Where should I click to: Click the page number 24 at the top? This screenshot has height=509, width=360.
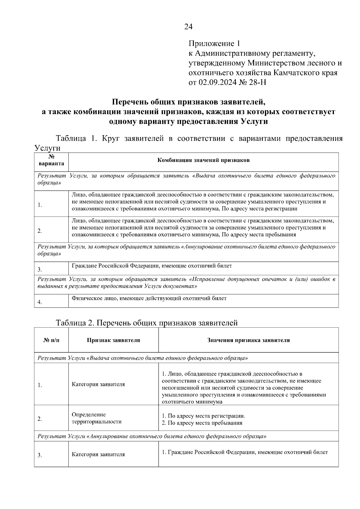click(188, 27)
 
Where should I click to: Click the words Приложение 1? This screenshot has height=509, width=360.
click(214, 44)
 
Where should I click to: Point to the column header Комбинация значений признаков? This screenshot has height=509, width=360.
click(203, 160)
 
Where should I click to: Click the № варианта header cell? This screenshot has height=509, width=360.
click(51, 160)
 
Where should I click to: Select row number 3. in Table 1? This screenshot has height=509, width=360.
click(40, 269)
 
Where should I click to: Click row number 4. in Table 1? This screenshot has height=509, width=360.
click(40, 302)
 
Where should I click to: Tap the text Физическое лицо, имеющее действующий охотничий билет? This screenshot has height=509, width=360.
click(149, 298)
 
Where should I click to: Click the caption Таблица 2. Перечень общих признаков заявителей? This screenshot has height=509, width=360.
click(147, 323)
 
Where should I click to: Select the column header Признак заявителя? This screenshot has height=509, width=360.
click(113, 340)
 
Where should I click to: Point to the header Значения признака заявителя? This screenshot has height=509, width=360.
click(248, 340)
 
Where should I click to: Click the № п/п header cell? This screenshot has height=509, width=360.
click(51, 340)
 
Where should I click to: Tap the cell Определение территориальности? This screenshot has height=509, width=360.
click(97, 418)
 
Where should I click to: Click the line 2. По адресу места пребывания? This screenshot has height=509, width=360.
click(202, 423)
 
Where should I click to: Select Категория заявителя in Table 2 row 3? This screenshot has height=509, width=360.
click(98, 454)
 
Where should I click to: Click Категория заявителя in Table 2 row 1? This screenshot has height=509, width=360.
click(98, 384)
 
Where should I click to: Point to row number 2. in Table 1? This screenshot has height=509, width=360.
click(40, 231)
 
